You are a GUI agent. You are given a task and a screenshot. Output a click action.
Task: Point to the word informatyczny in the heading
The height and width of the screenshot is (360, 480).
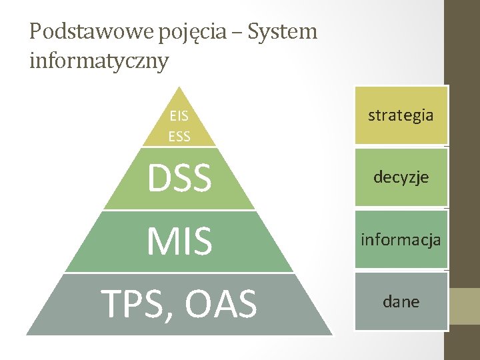pyautogui.click(x=99, y=61)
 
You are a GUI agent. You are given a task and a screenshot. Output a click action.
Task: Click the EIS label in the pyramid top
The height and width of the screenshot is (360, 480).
pyautogui.click(x=179, y=116)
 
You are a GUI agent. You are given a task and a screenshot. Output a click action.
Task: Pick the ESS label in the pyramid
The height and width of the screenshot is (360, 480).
pyautogui.click(x=179, y=137)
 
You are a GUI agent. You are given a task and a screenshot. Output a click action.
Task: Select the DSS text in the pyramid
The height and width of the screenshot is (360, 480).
pyautogui.click(x=179, y=178)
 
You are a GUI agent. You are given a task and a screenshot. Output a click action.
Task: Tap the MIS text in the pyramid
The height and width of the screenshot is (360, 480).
pyautogui.click(x=179, y=241)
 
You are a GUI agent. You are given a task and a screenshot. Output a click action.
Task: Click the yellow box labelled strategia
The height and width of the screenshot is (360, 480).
pyautogui.click(x=401, y=115)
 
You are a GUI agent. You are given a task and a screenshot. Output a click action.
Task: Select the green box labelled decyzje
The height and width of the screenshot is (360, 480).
pyautogui.click(x=401, y=177)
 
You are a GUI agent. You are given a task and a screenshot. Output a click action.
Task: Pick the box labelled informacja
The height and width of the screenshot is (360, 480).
pyautogui.click(x=401, y=239)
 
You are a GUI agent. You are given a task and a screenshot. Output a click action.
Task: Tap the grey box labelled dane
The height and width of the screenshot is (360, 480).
pyautogui.click(x=401, y=301)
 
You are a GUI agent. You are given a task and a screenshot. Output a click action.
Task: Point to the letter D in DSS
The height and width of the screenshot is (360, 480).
pyautogui.click(x=159, y=178)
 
